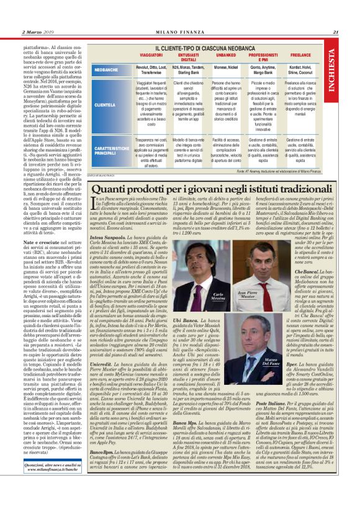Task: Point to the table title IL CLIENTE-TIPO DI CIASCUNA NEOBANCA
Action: coord(214,48)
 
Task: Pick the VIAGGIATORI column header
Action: coord(151,56)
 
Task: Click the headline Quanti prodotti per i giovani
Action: coord(214,188)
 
